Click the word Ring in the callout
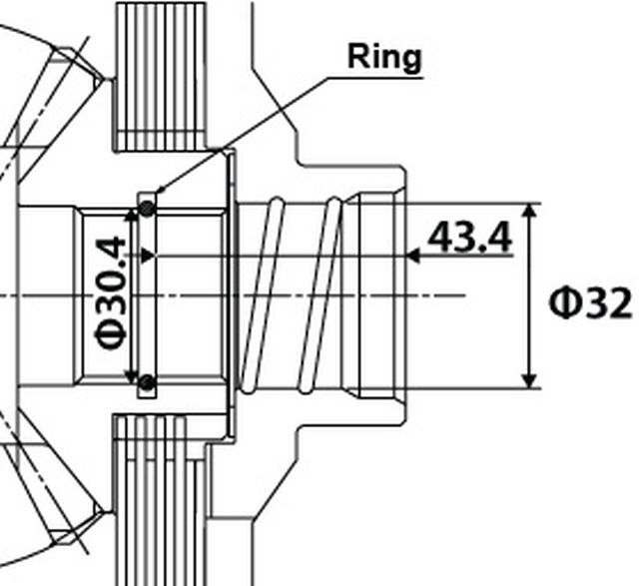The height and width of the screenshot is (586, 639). point(384,57)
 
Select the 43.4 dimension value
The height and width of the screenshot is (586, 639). point(469,239)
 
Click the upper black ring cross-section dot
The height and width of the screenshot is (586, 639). point(147,208)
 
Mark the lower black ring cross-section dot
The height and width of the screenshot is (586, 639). point(147,381)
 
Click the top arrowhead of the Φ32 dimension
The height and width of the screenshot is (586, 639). point(531,213)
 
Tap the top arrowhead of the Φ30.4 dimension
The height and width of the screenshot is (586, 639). point(130,214)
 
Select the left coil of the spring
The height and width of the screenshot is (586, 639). point(260,295)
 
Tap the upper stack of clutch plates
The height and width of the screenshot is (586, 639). point(161,75)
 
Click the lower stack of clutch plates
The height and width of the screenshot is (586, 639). point(155,499)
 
